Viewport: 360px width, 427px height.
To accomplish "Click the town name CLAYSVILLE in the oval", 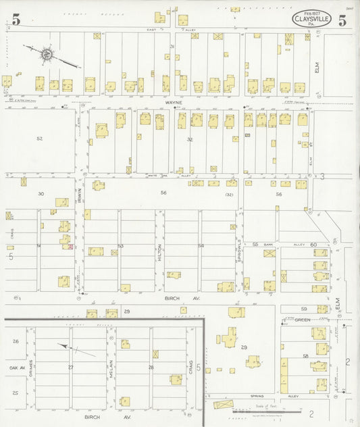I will tap(311, 19).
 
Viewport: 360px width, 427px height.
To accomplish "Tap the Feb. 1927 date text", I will tap(311, 12).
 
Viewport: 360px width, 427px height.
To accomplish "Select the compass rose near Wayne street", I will tap(47, 53).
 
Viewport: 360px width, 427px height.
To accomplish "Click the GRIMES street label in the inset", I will tap(30, 366).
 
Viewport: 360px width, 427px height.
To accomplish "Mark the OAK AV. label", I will tap(17, 368).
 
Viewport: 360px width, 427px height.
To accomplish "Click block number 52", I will tap(39, 139).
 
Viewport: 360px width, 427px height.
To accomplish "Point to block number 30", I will tap(41, 194).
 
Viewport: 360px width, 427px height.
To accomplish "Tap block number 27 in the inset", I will tap(70, 368).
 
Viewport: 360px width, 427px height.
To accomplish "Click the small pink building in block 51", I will tap(70, 247).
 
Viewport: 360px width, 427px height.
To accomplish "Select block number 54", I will tap(201, 246).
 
